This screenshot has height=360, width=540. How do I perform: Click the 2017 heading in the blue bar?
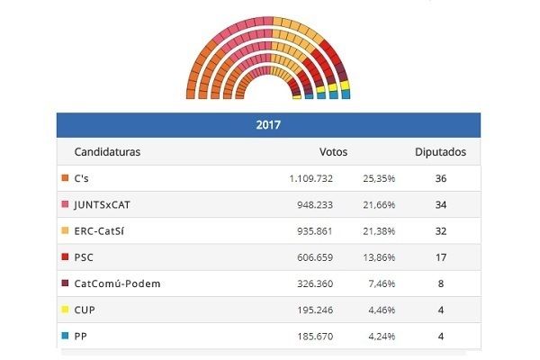tap(267, 125)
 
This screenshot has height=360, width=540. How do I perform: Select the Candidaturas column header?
tap(107, 152)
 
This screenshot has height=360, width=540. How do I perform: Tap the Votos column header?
tap(333, 152)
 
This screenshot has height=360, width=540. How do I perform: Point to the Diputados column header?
tap(440, 152)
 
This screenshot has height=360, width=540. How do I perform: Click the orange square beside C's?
tap(65, 178)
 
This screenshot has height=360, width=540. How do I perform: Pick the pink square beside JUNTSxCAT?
tap(65, 204)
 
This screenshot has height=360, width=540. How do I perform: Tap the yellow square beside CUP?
tap(65, 310)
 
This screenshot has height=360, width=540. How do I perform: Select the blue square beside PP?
tap(65, 336)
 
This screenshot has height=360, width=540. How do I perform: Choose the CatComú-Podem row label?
tap(118, 283)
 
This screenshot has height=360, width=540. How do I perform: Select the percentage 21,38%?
tap(378, 231)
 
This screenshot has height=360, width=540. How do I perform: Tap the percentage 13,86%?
tap(378, 257)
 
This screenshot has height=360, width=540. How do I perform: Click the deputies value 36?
tap(440, 179)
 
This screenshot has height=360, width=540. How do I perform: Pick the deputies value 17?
tap(440, 257)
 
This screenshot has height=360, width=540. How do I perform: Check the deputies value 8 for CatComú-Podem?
tap(440, 283)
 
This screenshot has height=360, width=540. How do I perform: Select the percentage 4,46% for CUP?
tap(381, 310)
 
